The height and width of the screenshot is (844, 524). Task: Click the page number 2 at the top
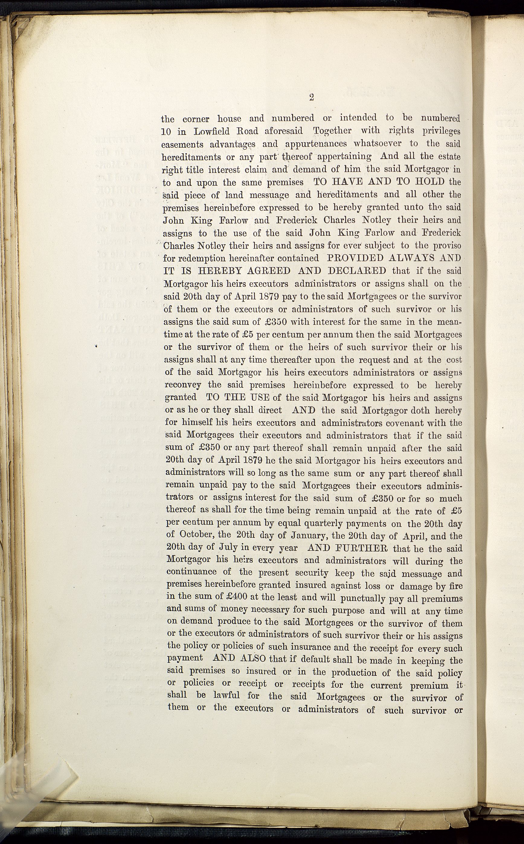point(311,98)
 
